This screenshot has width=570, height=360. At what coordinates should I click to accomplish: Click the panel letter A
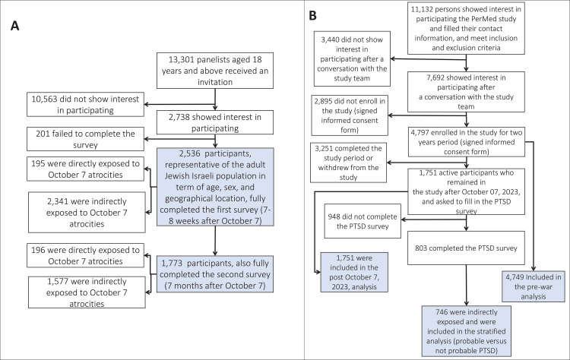pyautogui.click(x=14, y=26)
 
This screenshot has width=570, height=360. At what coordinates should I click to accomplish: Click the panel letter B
pyautogui.click(x=312, y=15)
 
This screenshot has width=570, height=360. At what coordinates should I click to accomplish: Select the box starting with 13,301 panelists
pyautogui.click(x=215, y=71)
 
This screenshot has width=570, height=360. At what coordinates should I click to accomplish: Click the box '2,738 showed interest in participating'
pyautogui.click(x=215, y=122)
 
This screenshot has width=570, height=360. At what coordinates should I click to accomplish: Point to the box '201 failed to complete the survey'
pyautogui.click(x=85, y=139)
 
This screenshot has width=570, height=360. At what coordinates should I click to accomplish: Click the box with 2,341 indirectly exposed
pyautogui.click(x=87, y=213)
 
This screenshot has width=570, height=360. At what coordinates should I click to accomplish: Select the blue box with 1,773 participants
pyautogui.click(x=215, y=274)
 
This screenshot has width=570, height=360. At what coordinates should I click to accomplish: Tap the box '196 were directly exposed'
pyautogui.click(x=85, y=255)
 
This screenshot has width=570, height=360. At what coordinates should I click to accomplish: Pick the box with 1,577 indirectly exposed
pyautogui.click(x=87, y=292)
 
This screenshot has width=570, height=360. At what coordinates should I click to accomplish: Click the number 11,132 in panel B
pyautogui.click(x=423, y=9)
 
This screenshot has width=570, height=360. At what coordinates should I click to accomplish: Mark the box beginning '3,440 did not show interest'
pyautogui.click(x=352, y=58)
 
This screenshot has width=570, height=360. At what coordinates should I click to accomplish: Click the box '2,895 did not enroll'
pyautogui.click(x=350, y=115)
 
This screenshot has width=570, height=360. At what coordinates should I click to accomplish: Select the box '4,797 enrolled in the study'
pyautogui.click(x=467, y=142)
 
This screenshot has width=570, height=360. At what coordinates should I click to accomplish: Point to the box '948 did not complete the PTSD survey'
pyautogui.click(x=363, y=221)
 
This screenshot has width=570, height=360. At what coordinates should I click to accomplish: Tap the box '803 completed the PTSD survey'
pyautogui.click(x=467, y=248)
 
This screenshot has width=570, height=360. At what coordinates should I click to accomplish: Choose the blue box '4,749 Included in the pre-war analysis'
pyautogui.click(x=534, y=286)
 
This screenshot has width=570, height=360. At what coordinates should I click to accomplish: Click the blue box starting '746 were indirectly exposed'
pyautogui.click(x=467, y=331)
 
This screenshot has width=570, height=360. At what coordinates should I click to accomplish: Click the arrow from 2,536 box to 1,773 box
pyautogui.click(x=215, y=241)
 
